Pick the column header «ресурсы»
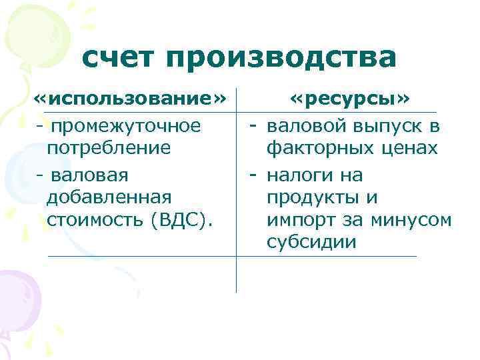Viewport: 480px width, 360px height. click(351, 100)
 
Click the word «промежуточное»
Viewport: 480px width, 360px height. click(126, 125)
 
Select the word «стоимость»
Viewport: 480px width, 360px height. click(97, 220)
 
